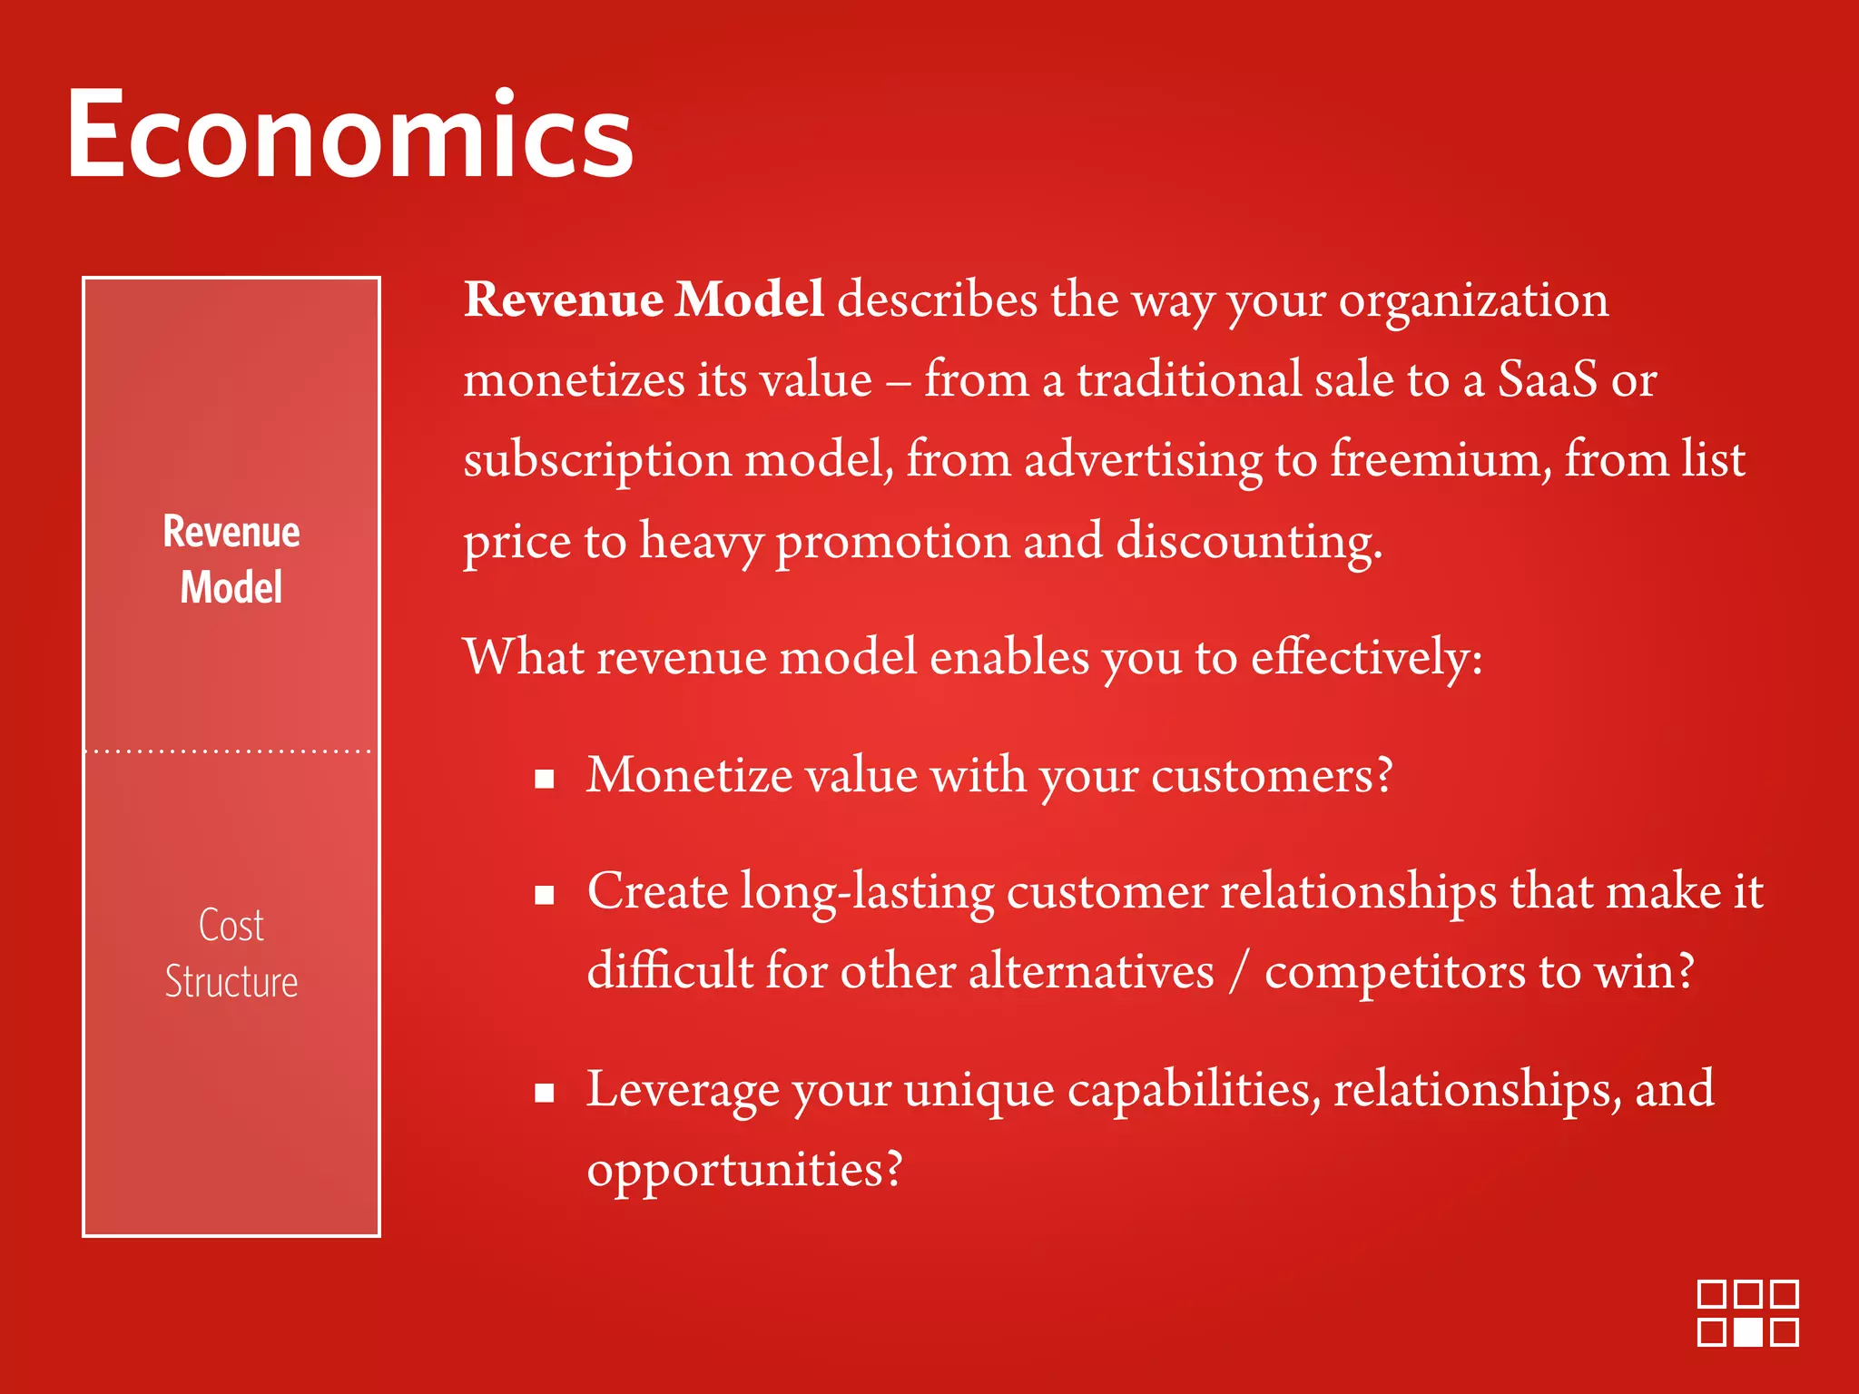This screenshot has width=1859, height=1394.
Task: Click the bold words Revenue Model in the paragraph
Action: point(643,299)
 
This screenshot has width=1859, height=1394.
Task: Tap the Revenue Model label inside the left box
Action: point(231,559)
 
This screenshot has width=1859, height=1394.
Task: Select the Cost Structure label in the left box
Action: point(231,953)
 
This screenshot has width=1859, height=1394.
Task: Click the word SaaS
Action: point(1547,379)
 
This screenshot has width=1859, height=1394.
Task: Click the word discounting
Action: point(1248,542)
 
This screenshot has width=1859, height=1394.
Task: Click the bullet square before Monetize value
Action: point(545,779)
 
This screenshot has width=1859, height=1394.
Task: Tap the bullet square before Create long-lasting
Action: point(545,896)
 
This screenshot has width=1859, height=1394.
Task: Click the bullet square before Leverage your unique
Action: point(545,1093)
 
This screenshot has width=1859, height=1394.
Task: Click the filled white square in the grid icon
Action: point(1747,1332)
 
